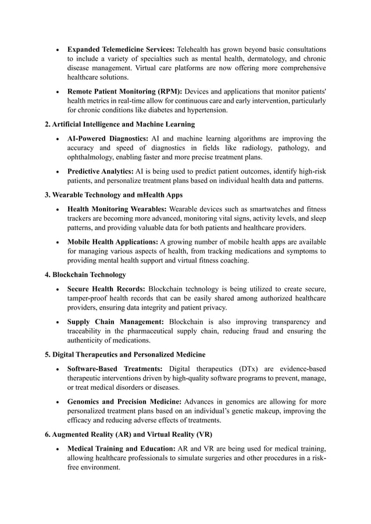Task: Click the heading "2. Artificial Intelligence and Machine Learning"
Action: click(120, 124)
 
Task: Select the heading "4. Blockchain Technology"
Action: click(85, 274)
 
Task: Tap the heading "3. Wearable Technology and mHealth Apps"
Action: click(113, 195)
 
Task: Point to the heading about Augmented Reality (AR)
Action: click(129, 435)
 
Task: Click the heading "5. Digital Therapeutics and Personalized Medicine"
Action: click(124, 354)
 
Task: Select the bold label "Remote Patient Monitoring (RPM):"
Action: click(124, 91)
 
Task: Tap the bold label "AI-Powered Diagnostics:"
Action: click(108, 138)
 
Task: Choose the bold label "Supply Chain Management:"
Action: click(115, 322)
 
